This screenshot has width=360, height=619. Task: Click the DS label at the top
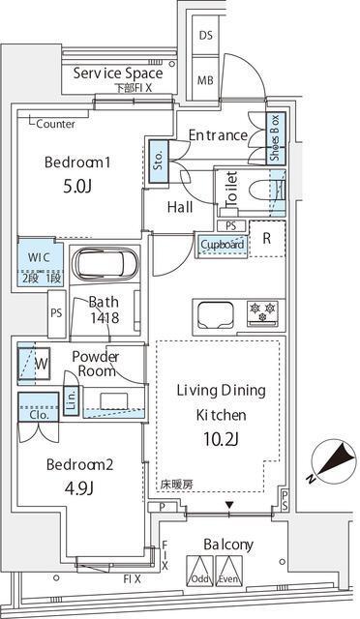[205, 35]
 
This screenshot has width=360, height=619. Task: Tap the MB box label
[205, 80]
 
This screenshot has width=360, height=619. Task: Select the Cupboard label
[222, 246]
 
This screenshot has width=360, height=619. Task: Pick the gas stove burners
[262, 311]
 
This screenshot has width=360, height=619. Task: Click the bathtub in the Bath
[107, 265]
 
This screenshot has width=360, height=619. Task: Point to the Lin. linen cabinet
[71, 398]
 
